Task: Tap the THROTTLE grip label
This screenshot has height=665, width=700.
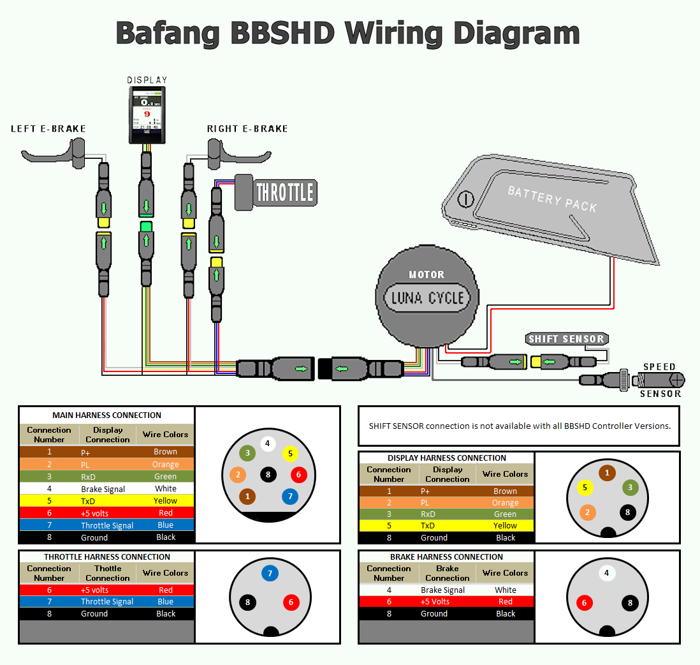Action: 285,192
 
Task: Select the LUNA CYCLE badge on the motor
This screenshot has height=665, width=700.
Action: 427,298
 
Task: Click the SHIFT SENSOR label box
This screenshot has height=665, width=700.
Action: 566,339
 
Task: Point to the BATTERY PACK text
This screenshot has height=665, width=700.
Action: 552,198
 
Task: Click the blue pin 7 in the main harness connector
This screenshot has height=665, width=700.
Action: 289,496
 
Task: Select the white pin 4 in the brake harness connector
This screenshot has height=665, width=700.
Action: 606,573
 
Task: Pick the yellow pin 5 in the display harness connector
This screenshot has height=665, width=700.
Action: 585,488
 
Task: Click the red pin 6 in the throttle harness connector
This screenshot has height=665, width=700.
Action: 291,602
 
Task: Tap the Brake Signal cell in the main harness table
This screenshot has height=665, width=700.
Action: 103,489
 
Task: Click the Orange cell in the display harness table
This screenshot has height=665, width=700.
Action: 505,503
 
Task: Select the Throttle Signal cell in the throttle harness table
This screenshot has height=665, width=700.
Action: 107,602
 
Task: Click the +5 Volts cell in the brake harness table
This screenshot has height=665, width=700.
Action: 435,602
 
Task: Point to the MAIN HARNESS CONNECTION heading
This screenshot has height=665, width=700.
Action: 106,415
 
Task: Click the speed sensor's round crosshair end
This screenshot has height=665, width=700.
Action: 676,380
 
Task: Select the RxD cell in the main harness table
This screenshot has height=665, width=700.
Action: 89,477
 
